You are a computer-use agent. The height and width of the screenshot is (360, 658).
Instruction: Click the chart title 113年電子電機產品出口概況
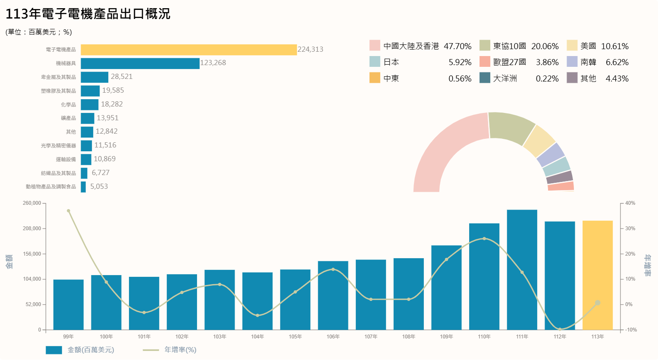(x=88, y=14)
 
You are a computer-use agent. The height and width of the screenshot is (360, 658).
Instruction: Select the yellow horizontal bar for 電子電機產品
(x=188, y=50)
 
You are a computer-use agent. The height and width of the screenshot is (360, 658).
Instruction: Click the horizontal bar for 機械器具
(x=140, y=63)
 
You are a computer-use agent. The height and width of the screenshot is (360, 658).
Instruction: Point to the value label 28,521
(x=122, y=77)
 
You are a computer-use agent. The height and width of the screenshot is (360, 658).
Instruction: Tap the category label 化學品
(x=68, y=105)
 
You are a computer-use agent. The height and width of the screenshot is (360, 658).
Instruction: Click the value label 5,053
(x=99, y=187)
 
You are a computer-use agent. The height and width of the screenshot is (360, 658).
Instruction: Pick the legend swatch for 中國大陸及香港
(x=375, y=46)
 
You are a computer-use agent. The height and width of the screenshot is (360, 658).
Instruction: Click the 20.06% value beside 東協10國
(x=545, y=46)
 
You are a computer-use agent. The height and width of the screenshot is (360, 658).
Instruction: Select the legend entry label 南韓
(x=588, y=63)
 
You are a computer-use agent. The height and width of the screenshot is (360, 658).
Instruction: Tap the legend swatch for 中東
(x=375, y=78)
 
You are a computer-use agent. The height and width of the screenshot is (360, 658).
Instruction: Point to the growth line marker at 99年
(x=69, y=211)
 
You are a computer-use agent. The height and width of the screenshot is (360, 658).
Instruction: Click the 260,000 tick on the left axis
(x=32, y=203)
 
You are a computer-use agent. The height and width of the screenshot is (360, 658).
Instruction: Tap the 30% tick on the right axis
(x=630, y=229)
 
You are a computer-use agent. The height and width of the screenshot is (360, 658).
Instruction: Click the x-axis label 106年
(x=333, y=337)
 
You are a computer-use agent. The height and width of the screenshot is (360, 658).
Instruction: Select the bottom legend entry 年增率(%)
(x=180, y=350)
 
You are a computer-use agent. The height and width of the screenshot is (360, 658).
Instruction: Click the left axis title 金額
(x=9, y=261)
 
